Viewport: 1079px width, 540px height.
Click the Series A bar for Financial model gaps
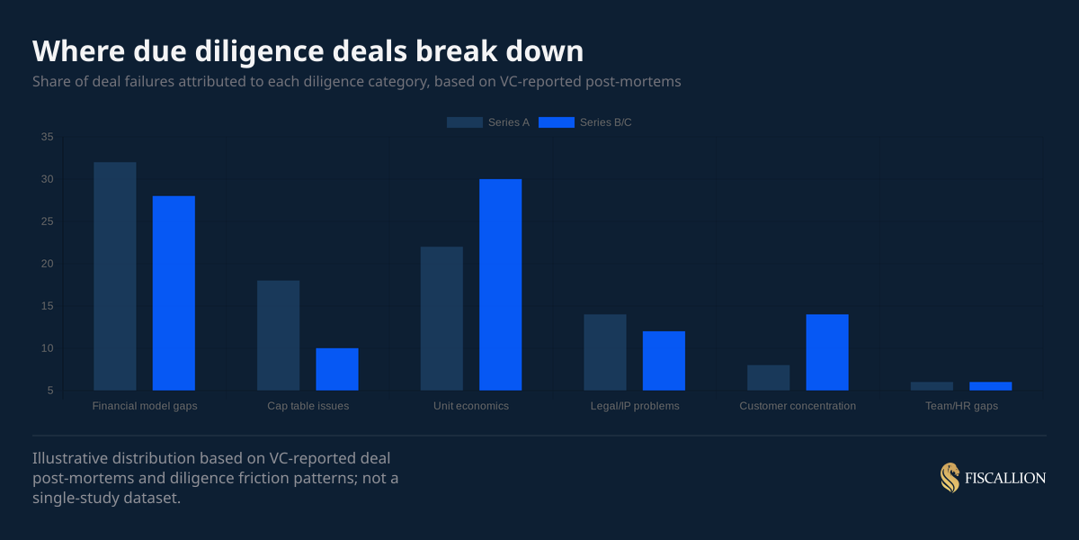coord(115,276)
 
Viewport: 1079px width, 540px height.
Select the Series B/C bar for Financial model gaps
coord(174,293)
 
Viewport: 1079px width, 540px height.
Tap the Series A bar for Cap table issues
coord(278,336)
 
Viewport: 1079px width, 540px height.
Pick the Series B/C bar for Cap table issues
coord(337,369)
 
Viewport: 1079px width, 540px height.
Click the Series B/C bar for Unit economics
coord(500,284)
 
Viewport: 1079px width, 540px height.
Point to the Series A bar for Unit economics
coord(441,319)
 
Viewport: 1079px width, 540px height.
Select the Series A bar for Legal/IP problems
coord(605,352)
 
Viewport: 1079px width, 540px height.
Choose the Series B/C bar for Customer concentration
coord(827,352)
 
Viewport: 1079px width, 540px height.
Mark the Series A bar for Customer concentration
coord(769,378)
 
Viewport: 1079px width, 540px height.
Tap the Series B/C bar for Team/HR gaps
coord(991,386)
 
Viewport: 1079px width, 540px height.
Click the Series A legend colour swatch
coord(464,122)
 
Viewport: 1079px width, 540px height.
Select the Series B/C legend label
coord(605,122)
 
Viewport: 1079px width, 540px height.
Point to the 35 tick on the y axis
coord(47,137)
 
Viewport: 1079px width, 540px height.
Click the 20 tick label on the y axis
coord(47,264)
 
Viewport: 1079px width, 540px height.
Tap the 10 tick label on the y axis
coord(47,348)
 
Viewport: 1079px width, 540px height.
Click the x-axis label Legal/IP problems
coord(635,406)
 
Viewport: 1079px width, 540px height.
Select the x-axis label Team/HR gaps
coord(961,406)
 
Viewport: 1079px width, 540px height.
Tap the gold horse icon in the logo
coord(950,478)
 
